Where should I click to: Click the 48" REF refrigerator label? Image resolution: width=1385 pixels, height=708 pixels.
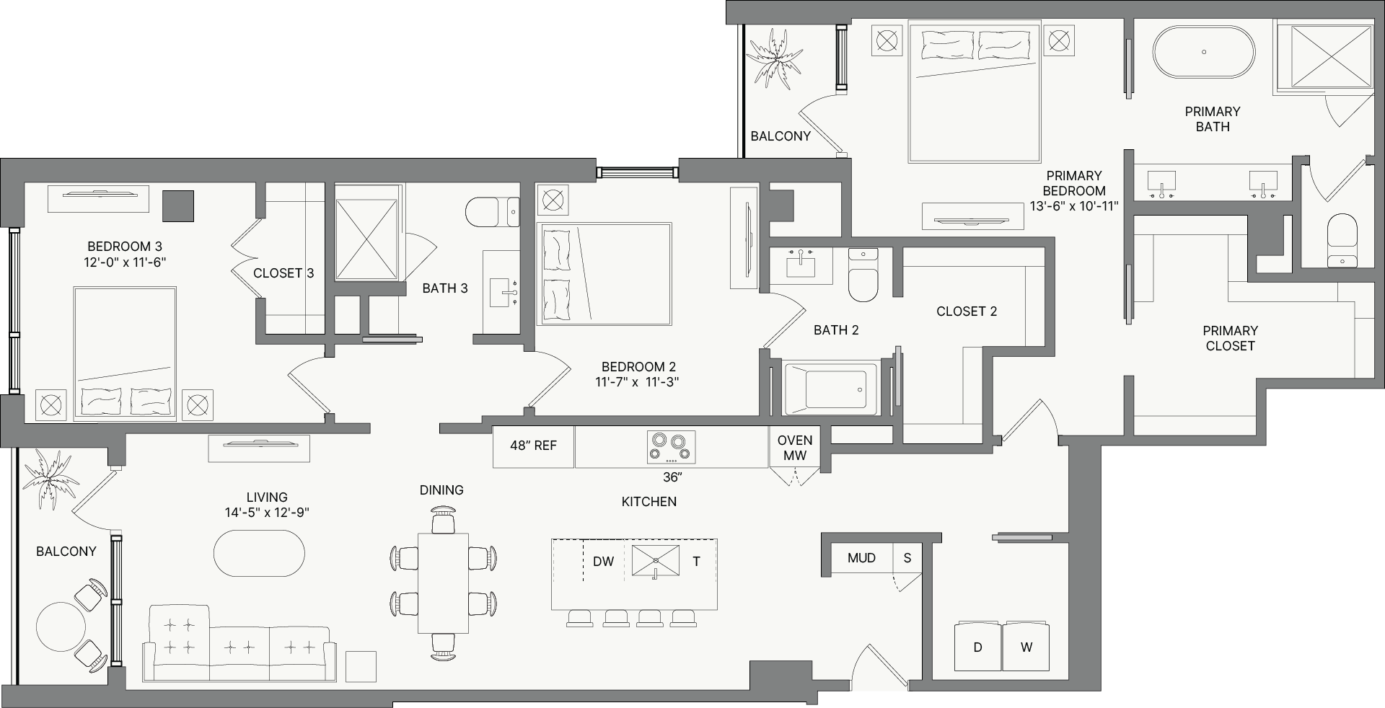533,446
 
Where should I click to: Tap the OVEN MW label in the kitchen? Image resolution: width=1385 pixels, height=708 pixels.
795,448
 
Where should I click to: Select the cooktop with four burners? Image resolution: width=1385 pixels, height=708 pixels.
671,447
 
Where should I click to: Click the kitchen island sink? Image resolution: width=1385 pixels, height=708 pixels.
656,561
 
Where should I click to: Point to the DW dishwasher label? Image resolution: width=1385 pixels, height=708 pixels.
603,561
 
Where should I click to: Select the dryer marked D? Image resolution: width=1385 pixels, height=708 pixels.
978,646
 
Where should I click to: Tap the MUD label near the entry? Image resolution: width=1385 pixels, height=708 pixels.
861,558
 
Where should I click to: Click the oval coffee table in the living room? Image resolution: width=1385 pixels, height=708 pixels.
259,553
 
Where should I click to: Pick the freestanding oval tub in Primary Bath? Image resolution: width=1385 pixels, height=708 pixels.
1204,52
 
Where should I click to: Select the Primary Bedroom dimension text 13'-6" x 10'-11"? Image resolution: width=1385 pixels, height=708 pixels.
1074,206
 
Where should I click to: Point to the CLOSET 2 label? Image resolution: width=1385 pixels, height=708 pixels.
967,311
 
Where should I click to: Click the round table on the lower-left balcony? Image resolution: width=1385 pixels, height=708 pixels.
61,627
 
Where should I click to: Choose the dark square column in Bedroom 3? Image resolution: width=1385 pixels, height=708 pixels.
177,205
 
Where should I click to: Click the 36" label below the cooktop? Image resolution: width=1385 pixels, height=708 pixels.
672,477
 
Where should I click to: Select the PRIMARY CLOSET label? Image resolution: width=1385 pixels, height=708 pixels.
1230,338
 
